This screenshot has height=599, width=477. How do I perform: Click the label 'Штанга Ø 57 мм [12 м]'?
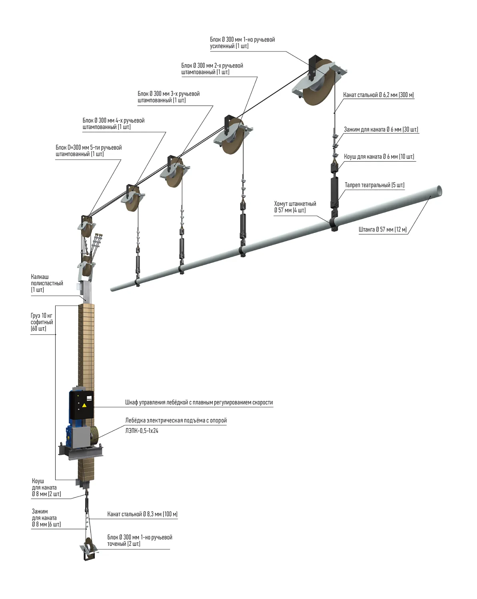click(x=382, y=230)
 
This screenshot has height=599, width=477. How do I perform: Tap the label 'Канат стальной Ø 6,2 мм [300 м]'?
click(x=378, y=95)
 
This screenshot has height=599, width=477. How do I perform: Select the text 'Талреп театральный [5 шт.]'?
click(x=374, y=185)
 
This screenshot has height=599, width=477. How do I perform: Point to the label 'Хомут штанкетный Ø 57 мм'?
click(x=295, y=207)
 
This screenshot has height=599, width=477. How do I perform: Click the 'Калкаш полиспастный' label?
click(x=46, y=283)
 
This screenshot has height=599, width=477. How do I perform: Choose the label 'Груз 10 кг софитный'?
click(x=42, y=322)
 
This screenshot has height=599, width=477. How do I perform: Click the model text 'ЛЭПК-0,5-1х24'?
click(x=142, y=430)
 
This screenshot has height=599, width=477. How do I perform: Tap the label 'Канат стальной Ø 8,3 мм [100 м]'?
click(x=142, y=514)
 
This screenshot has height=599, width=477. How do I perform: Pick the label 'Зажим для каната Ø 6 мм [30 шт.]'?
click(x=381, y=129)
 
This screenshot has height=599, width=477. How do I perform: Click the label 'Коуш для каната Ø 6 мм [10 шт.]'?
click(x=379, y=157)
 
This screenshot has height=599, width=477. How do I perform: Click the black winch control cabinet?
click(x=81, y=405)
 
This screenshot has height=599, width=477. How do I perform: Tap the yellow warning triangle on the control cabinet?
click(x=84, y=405)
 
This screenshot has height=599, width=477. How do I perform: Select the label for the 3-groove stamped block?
click(x=168, y=97)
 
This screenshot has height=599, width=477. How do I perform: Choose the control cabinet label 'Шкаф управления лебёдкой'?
click(x=199, y=403)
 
